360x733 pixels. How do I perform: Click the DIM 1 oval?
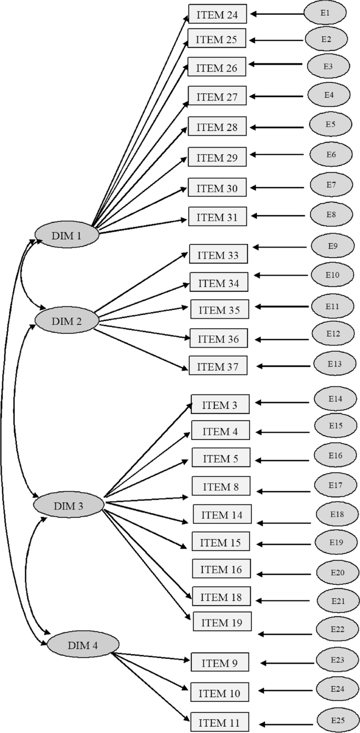pos(66,236)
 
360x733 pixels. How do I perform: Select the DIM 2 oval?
pos(66,320)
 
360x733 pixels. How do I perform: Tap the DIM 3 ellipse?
pos(68,506)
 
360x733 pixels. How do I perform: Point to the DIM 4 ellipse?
pos(80,645)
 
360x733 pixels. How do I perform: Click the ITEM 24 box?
pos(217,15)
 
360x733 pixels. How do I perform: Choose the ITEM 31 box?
pos(217,217)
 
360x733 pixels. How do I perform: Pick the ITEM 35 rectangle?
pos(219,310)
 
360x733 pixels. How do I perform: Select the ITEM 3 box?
pos(220,405)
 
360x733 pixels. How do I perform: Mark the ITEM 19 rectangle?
pos(222,623)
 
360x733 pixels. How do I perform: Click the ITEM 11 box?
pos(220,721)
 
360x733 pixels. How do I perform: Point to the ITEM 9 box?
pos(220,663)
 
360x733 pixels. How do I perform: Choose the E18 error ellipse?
pos(336,514)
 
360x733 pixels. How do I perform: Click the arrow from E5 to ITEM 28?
pos(277,128)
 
